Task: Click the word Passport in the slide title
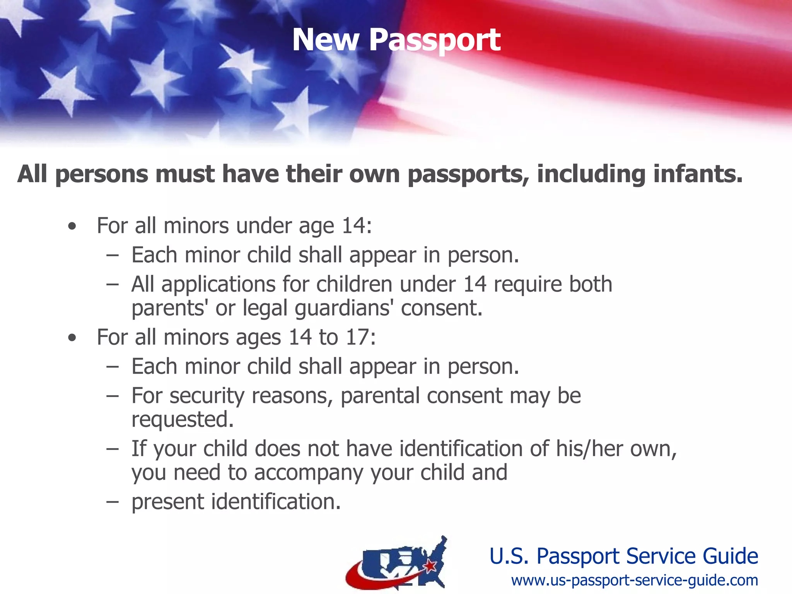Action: click(x=435, y=40)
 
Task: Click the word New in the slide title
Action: click(x=326, y=40)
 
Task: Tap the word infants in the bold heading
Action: click(x=698, y=174)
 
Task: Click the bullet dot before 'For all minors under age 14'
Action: click(x=72, y=227)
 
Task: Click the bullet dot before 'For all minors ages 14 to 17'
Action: click(x=72, y=338)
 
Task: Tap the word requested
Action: click(x=182, y=420)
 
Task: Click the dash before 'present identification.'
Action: click(x=112, y=502)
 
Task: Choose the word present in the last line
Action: click(x=168, y=502)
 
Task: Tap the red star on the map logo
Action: click(x=430, y=567)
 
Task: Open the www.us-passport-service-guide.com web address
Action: click(x=634, y=580)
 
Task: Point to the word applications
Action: click(x=218, y=285)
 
